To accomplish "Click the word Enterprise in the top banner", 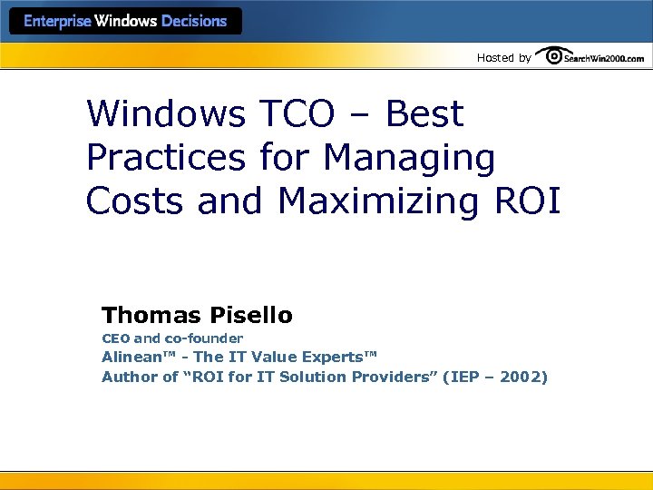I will click(57, 21).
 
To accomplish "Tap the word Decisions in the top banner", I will click(194, 21).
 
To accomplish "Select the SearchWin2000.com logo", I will click(590, 56).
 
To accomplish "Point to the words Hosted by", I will click(503, 58).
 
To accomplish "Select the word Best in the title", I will click(424, 114).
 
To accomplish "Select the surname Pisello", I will click(251, 316).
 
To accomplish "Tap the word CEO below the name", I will click(115, 338).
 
